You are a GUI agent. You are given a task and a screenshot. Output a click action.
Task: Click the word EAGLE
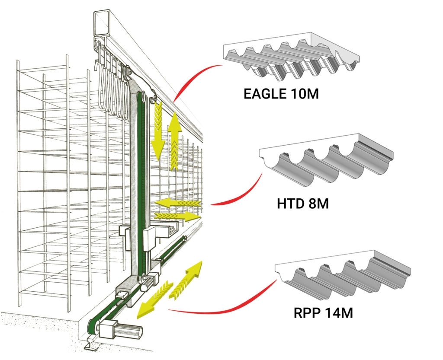(x=262, y=93)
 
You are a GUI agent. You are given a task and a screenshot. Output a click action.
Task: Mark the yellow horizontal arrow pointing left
(x=177, y=202)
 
